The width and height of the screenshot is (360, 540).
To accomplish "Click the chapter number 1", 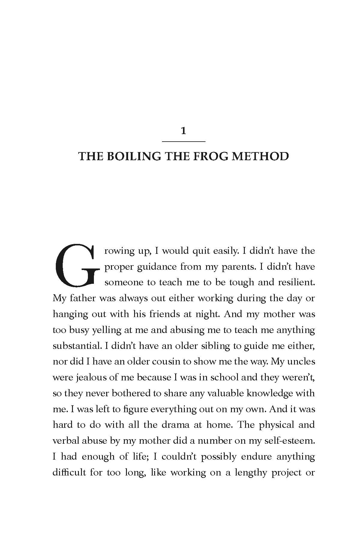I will [x=184, y=131].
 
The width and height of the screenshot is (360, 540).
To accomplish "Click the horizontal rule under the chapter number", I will [x=184, y=141].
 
